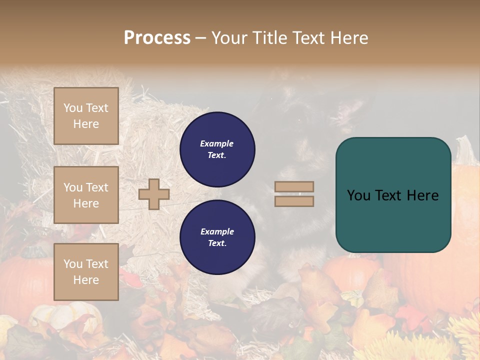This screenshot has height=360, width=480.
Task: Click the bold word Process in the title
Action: coord(157,38)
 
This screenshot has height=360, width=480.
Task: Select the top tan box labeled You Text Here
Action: coord(86,116)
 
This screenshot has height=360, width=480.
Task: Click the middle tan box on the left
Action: coord(86,195)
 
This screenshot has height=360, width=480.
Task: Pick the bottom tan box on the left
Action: coord(86,271)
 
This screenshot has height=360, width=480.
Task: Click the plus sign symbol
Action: coord(154,194)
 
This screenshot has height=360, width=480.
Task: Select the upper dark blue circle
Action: coord(217,149)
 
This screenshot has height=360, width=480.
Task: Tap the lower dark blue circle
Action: coord(217,237)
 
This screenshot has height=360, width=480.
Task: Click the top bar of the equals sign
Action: coord(294,186)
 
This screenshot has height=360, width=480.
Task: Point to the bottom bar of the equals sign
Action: coord(294,201)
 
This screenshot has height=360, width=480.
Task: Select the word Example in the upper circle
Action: coord(217,143)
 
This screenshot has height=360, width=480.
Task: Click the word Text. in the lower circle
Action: coord(217,243)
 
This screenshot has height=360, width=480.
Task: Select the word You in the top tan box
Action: coord(72,108)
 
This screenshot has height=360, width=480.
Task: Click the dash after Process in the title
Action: coord(200,38)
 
